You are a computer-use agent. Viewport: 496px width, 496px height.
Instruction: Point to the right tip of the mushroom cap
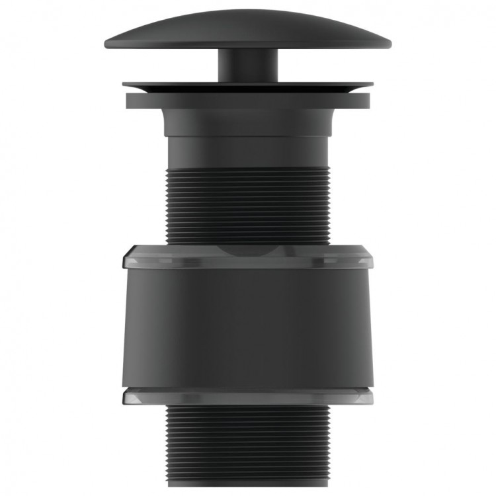[x=388, y=45]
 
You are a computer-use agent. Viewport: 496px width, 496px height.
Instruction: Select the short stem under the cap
[x=247, y=66]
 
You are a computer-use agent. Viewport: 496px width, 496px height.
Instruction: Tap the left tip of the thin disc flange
[x=124, y=85]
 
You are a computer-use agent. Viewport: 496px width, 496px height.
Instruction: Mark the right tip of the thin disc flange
[x=371, y=85]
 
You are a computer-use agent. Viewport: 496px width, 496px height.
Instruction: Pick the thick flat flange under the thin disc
[x=247, y=101]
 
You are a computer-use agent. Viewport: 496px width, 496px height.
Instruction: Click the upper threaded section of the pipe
[x=247, y=205]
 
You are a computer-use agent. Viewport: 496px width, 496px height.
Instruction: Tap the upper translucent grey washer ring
[x=185, y=257]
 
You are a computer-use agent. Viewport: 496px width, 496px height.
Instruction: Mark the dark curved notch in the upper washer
[x=247, y=251]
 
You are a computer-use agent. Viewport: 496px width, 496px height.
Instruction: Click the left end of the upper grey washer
[x=125, y=258]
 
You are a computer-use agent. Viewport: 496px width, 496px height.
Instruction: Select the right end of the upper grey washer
[x=370, y=258]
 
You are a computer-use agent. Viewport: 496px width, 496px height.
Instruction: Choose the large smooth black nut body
[x=247, y=324]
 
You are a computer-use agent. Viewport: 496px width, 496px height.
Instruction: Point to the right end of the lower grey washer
[x=370, y=395]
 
